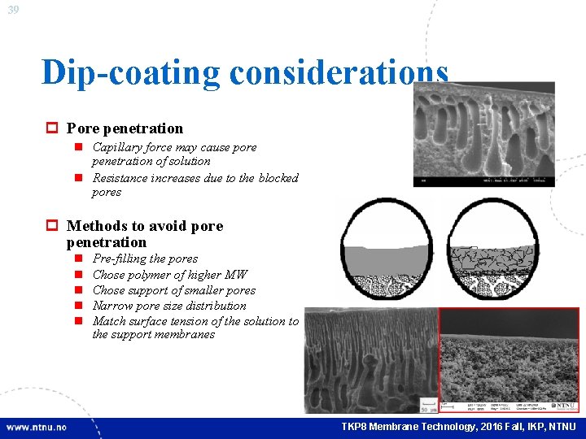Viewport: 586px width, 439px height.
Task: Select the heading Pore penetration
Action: (125, 128)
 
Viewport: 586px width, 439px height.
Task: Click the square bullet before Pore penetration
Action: (50, 128)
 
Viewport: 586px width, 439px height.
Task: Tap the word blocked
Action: (278, 178)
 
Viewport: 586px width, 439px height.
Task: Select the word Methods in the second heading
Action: (94, 226)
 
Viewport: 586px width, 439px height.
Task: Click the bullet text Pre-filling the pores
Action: (145, 259)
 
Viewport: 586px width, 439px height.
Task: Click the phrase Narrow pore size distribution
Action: (169, 306)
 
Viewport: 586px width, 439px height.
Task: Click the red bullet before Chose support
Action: (79, 290)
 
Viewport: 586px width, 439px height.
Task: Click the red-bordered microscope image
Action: (509, 359)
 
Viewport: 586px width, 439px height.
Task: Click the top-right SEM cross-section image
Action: (483, 134)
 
